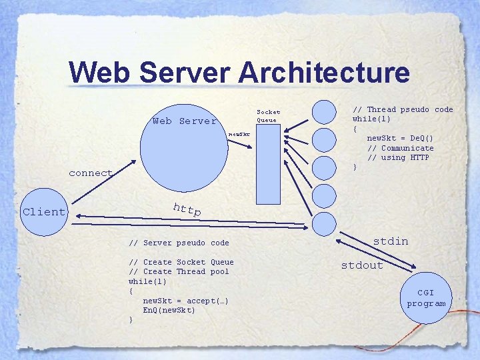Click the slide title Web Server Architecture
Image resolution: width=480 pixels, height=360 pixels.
(239, 73)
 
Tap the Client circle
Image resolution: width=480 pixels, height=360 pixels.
(44, 212)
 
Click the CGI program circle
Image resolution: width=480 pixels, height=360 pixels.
(427, 298)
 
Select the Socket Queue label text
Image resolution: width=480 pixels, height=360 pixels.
(269, 116)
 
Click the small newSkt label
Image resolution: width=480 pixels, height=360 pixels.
(239, 134)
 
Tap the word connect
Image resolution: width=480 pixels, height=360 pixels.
(91, 173)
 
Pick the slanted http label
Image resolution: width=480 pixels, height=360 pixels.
(187, 209)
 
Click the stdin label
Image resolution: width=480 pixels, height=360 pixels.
(391, 241)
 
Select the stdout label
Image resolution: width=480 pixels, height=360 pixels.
(362, 265)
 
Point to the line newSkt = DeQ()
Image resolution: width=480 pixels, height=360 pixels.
(400, 138)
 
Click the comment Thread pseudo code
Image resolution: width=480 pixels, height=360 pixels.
(403, 109)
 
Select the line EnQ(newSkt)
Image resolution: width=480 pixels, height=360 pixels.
(169, 311)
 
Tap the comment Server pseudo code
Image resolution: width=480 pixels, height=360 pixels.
(179, 243)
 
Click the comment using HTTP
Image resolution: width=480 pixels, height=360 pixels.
(398, 157)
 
